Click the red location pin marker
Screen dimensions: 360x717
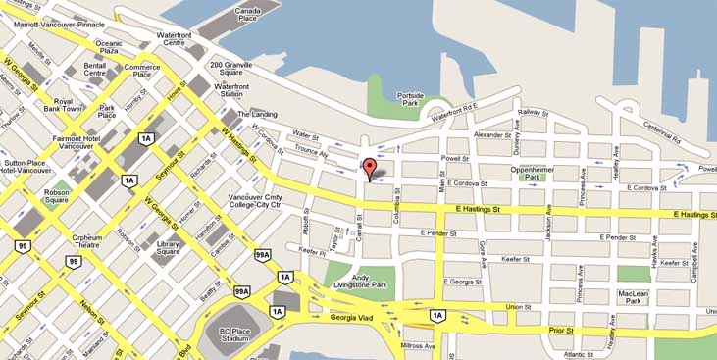click(x=369, y=168)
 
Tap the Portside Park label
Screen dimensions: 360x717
click(x=410, y=98)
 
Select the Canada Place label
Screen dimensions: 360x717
click(x=249, y=14)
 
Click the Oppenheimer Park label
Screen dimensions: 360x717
click(x=541, y=172)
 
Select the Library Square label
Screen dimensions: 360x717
click(x=168, y=247)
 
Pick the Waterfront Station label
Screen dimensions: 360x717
click(x=231, y=90)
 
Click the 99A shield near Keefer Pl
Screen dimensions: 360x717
click(x=262, y=254)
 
